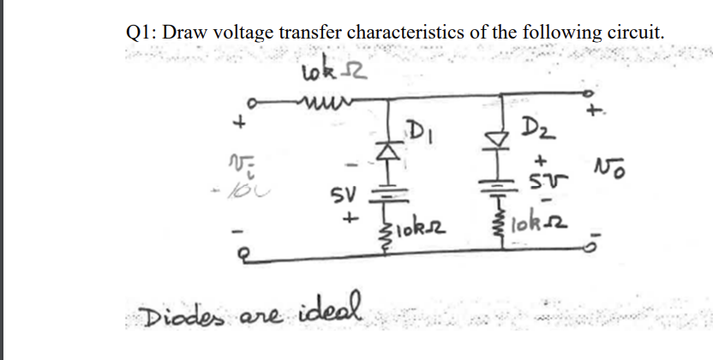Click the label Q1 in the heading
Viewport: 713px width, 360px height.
(x=139, y=33)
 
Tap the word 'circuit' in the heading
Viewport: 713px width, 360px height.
(x=631, y=33)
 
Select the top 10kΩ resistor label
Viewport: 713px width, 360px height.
(x=329, y=72)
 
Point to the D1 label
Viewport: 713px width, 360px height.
(x=421, y=133)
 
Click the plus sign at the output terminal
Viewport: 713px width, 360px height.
(x=590, y=112)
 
